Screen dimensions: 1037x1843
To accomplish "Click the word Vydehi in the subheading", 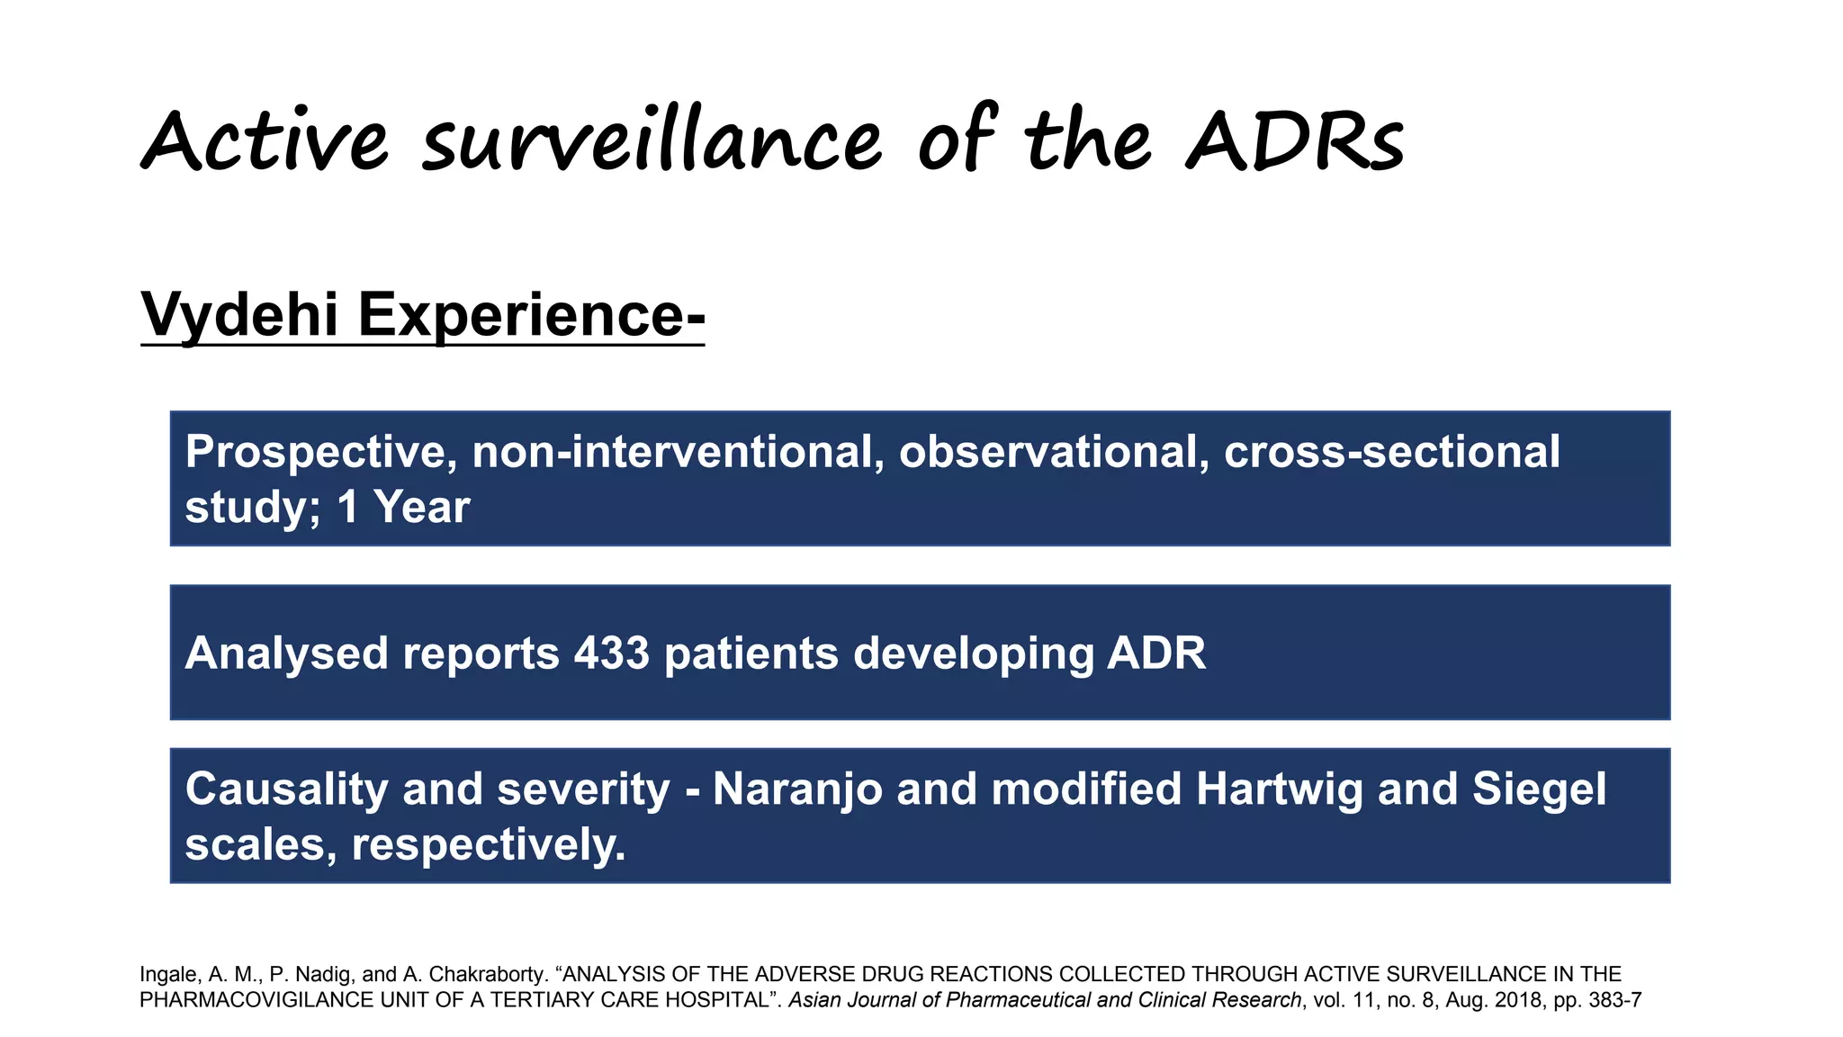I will tap(239, 315).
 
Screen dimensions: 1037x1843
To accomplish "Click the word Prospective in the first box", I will tap(316, 452).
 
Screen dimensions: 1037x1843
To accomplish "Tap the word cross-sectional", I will tap(1392, 452).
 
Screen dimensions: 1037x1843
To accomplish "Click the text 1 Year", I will tap(403, 507).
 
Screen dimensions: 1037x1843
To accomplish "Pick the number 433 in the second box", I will tap(612, 653).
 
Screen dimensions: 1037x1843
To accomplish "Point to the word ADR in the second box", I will tap(1156, 653).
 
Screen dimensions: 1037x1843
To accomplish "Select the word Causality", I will tap(286, 789).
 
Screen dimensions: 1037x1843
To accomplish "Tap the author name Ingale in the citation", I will tap(168, 975).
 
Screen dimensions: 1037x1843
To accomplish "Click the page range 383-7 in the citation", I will tap(1616, 1000).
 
